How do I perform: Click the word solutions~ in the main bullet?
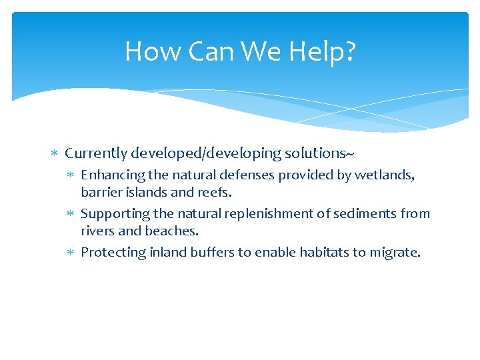click(x=319, y=153)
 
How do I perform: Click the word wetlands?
click(x=385, y=175)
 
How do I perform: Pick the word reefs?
click(x=216, y=193)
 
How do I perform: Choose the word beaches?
click(x=176, y=231)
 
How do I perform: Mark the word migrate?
click(x=398, y=253)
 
